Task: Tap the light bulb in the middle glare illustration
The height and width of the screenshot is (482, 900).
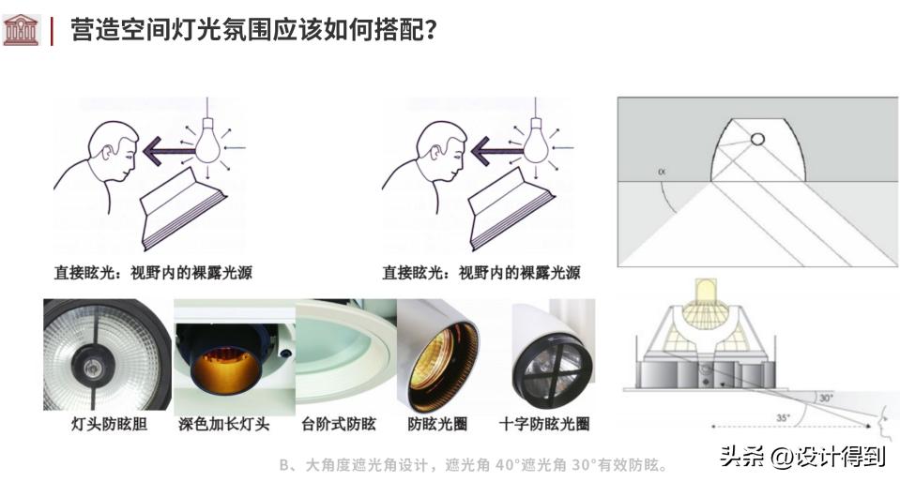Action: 536,143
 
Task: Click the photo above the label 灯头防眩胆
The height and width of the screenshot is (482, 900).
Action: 106,354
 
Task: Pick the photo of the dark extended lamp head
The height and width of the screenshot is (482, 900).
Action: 235,354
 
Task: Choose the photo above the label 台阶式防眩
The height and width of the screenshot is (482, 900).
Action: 344,354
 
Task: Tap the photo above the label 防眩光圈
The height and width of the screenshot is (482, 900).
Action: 438,354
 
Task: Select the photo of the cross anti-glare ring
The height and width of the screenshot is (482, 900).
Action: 552,354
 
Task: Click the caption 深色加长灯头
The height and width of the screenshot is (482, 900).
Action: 223,424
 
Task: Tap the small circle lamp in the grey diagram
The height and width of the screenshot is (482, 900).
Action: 756,140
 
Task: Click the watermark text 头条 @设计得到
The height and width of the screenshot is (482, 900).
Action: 802,457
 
